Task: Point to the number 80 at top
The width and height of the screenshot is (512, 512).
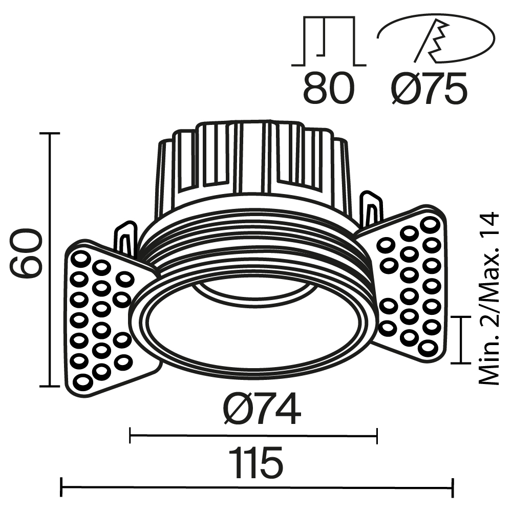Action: click(328, 88)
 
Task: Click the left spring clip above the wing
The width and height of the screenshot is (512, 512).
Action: click(126, 238)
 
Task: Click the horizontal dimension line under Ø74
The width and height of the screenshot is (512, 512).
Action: click(253, 436)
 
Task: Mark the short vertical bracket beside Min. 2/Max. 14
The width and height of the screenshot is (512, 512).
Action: click(462, 339)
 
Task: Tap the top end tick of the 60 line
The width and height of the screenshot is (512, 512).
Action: click(50, 133)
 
